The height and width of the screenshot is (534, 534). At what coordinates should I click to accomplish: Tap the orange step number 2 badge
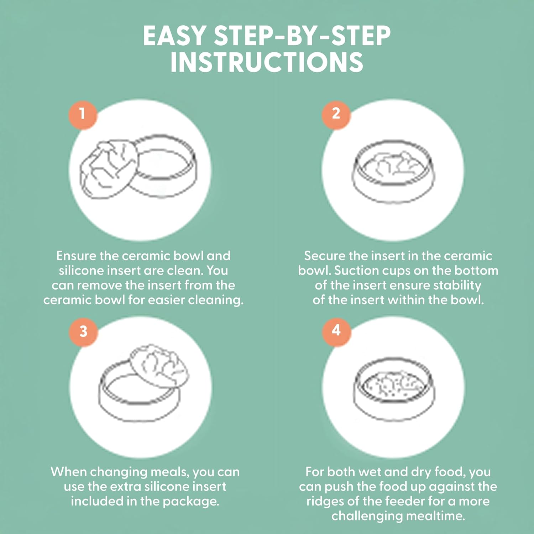pyautogui.click(x=336, y=114)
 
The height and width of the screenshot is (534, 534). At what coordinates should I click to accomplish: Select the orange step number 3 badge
pyautogui.click(x=83, y=331)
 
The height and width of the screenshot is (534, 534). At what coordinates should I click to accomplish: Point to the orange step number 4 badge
pyautogui.click(x=336, y=331)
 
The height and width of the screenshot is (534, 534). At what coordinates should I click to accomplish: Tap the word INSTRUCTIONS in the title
pyautogui.click(x=267, y=63)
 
